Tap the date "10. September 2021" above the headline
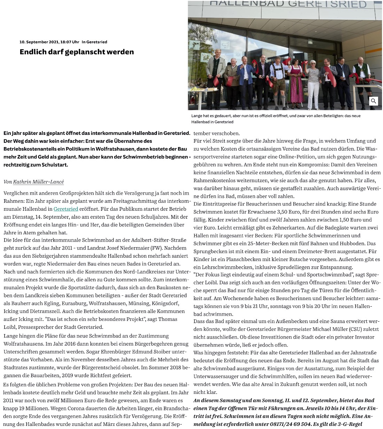pos(38,42)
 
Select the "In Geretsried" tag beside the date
pos(94,42)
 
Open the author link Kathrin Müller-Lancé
pos(38,182)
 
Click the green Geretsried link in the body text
pos(66,209)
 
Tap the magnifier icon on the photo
pos(373,101)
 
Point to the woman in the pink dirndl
pos(296,83)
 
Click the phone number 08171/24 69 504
pos(290,424)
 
